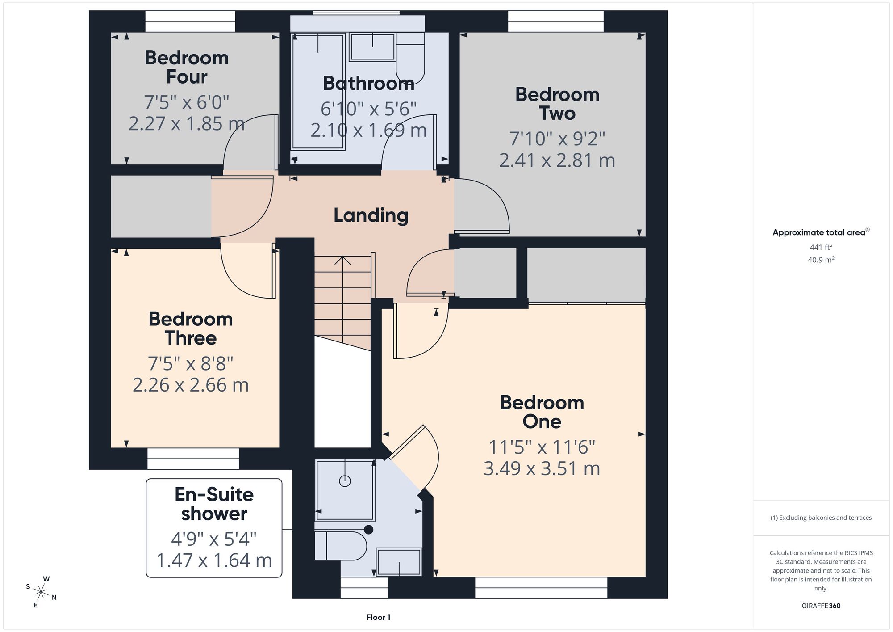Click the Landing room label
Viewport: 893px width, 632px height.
[371, 215]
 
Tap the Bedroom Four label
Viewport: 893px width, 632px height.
[187, 67]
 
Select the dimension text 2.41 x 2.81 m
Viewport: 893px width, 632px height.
[557, 160]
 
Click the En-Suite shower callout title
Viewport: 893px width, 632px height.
[214, 504]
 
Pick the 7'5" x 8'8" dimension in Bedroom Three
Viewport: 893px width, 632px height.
[191, 364]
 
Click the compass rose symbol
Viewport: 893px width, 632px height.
[41, 593]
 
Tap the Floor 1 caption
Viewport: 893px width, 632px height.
[379, 617]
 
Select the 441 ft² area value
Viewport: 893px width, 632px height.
[821, 247]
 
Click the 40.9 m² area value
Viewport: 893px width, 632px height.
[821, 260]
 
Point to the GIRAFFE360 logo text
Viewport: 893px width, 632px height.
[821, 606]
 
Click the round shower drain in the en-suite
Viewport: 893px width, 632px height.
[345, 481]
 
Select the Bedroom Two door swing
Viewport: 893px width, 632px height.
[482, 206]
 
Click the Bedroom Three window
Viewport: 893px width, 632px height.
[193, 459]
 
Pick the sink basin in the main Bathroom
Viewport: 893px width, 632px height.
[372, 47]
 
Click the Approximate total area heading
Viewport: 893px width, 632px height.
[821, 232]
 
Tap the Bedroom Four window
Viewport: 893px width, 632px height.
[190, 21]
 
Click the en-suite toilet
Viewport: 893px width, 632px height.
[341, 546]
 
